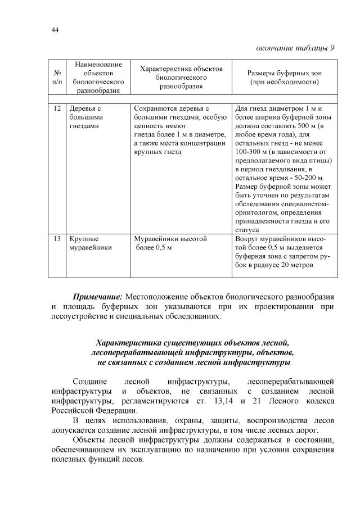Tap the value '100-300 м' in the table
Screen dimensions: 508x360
251,152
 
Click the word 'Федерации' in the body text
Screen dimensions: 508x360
111,411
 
